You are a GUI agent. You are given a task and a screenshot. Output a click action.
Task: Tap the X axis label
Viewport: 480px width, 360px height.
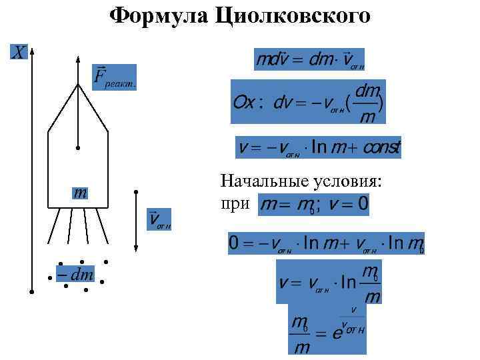(x=18, y=51)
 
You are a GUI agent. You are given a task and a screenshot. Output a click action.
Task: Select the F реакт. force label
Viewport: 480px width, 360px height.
(x=113, y=78)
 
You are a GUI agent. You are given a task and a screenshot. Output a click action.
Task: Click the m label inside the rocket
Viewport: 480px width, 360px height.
(x=80, y=193)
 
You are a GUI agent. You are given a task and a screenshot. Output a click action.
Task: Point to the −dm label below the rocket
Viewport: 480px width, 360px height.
(x=75, y=274)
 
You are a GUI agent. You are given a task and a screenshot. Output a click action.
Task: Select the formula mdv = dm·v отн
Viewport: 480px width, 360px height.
(x=309, y=59)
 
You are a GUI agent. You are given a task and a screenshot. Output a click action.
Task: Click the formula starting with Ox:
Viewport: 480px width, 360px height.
(x=307, y=102)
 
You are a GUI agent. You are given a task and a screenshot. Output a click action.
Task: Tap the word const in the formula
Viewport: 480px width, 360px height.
(x=379, y=147)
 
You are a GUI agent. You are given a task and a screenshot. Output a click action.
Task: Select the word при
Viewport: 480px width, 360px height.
(x=235, y=203)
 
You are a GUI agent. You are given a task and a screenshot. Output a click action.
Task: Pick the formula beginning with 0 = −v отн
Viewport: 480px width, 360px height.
(x=326, y=244)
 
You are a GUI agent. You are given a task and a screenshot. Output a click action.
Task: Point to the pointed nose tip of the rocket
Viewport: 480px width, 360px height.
(x=78, y=85)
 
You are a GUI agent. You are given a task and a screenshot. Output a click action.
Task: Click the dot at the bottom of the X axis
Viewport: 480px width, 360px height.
(x=32, y=291)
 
